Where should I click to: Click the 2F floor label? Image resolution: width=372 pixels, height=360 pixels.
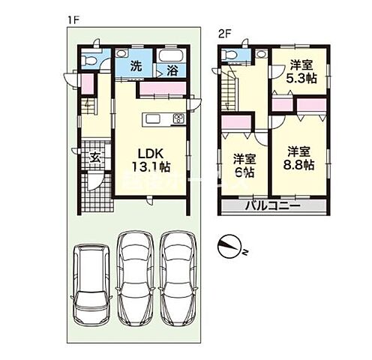coord(223,33)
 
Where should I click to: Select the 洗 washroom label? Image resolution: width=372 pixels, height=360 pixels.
coord(135,66)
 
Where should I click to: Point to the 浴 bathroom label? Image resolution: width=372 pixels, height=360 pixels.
coord(172,71)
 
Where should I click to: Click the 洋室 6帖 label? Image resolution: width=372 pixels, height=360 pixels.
coord(241,165)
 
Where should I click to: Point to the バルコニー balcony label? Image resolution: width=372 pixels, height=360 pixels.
coord(273,205)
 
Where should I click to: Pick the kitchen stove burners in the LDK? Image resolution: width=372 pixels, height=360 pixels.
coord(178,118)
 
